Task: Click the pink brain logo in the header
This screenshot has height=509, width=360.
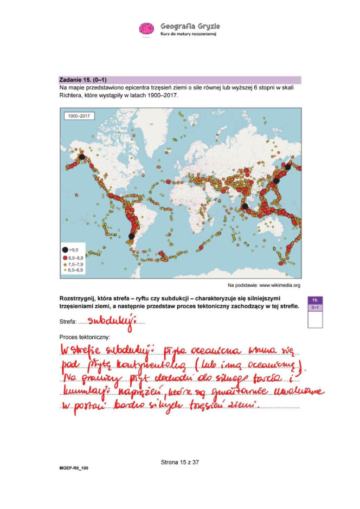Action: (146, 29)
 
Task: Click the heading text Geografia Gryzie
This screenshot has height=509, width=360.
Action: (190, 26)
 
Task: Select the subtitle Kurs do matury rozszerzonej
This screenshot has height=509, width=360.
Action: (189, 34)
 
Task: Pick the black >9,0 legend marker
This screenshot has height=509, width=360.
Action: (67, 250)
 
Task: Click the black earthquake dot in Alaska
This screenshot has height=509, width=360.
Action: (82, 157)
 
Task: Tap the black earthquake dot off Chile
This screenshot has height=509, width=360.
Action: (131, 236)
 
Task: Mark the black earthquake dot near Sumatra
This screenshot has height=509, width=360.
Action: (245, 206)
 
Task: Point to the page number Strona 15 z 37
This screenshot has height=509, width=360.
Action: (180, 462)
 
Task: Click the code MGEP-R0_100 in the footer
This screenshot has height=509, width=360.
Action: (73, 467)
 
